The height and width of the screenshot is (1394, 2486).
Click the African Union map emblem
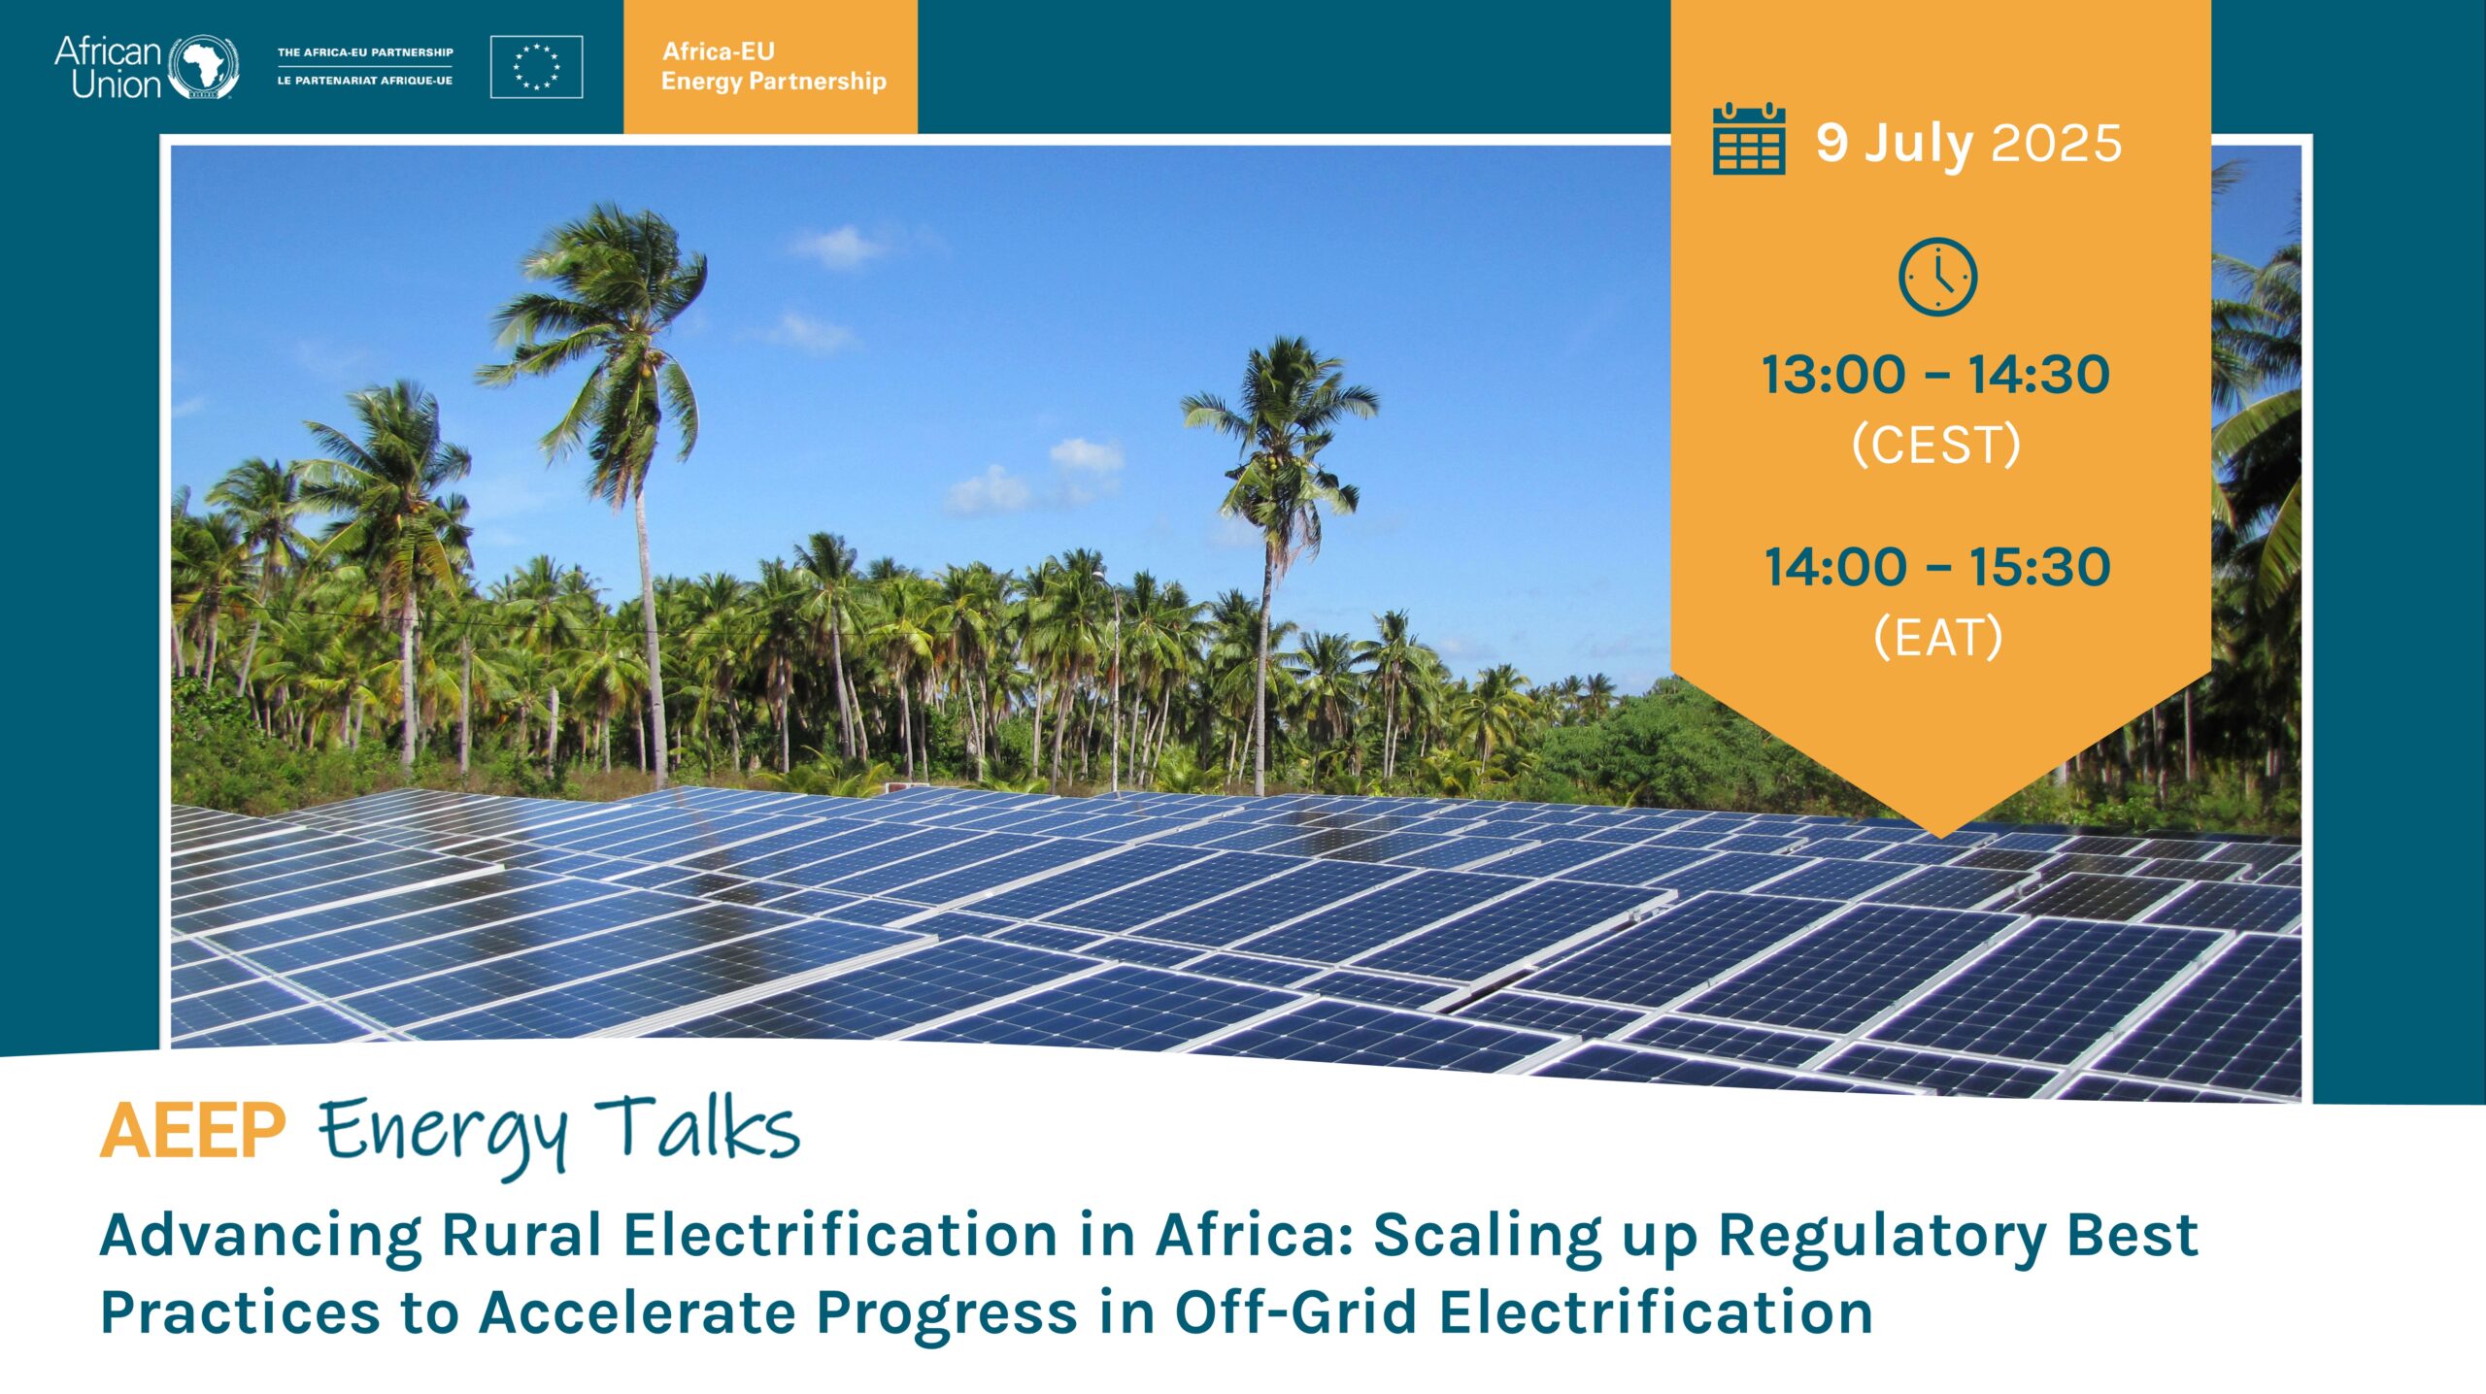click(204, 67)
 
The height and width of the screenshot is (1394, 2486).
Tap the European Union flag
click(536, 67)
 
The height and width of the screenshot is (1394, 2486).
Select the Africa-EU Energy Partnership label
click(773, 66)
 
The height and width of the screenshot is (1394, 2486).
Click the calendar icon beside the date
click(1749, 139)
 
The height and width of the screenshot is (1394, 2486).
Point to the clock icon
click(1937, 277)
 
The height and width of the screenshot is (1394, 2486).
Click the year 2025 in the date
click(2057, 144)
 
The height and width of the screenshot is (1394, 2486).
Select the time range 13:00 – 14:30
click(1936, 375)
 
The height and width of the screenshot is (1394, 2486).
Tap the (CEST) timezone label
click(1936, 446)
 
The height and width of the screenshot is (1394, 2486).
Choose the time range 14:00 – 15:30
click(1937, 567)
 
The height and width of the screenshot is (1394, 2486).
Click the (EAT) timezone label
click(1937, 638)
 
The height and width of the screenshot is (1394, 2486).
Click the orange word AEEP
click(193, 1131)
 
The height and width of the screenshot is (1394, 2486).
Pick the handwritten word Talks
click(697, 1128)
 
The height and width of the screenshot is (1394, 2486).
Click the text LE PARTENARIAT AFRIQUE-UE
click(365, 81)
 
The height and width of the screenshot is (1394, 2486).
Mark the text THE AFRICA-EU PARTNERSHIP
click(365, 52)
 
